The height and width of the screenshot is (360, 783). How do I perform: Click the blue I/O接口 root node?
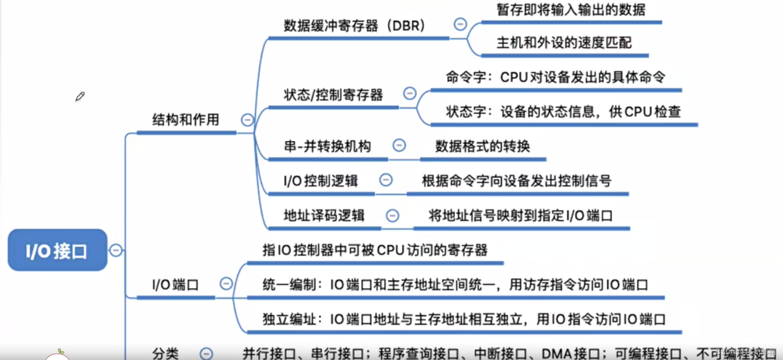coord(57,250)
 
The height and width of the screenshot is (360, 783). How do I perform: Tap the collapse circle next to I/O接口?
coord(116,250)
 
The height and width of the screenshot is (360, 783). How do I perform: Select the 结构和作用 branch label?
coord(185,120)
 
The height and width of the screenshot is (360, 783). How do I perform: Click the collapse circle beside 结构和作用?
coord(247,120)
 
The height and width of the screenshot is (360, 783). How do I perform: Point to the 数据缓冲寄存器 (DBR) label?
coord(354,26)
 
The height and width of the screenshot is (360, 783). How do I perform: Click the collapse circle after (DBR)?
coord(460,24)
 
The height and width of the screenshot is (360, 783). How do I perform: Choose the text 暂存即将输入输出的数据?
coord(571,10)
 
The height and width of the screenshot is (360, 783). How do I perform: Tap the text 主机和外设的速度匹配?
coord(564,43)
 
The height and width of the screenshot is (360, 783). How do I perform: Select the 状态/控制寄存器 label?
coord(333,95)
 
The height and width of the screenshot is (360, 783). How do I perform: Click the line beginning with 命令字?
coord(555,77)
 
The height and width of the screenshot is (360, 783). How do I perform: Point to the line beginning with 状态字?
coord(563,112)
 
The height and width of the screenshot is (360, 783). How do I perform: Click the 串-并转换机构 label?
coord(327,146)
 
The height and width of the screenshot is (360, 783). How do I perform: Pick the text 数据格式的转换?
coord(482,146)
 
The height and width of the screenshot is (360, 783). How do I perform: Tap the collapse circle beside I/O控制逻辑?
coord(386,180)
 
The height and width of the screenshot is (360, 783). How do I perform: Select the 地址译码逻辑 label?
coord(324,216)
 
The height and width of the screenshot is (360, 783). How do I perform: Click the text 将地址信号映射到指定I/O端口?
coord(520,216)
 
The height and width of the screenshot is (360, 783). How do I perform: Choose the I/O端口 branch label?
coord(175,285)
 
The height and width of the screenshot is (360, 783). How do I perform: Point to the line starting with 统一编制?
coord(455,285)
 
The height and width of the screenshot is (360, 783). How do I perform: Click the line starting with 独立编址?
coord(464,319)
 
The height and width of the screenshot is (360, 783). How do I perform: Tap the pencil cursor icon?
coord(80,96)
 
